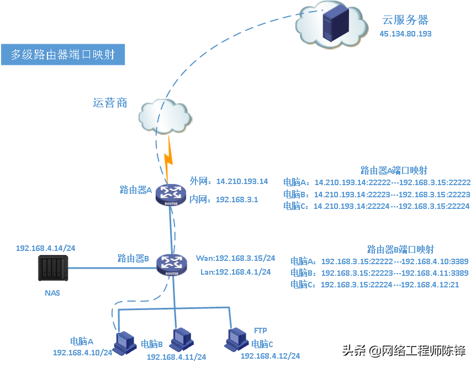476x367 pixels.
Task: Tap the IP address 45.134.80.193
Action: [405, 34]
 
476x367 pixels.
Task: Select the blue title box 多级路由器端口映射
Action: [62, 55]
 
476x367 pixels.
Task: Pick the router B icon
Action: [168, 264]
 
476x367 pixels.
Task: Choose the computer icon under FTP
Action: [236, 339]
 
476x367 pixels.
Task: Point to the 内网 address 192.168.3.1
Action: [237, 200]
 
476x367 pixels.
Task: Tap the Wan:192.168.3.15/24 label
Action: [235, 258]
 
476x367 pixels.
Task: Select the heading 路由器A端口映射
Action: [393, 170]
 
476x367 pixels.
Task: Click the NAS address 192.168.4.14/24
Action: [45, 248]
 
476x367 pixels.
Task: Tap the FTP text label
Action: [261, 331]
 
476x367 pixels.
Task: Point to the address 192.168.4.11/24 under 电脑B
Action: [176, 357]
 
